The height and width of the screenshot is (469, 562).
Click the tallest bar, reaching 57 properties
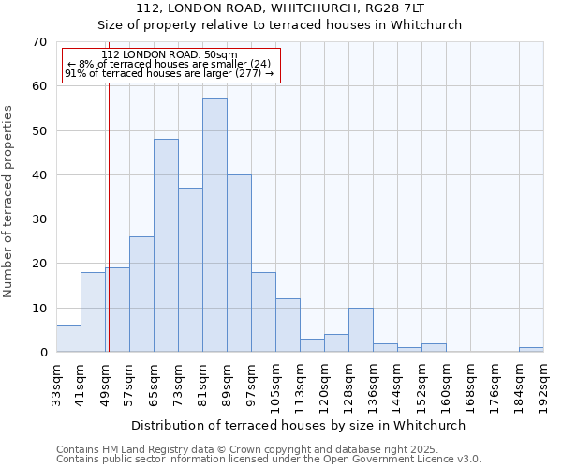[214, 225]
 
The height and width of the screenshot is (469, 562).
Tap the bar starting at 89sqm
[239, 264]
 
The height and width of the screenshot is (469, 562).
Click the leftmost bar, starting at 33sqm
[68, 339]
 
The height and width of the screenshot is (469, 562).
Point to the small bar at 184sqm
[531, 350]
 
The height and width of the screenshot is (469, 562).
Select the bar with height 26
[141, 295]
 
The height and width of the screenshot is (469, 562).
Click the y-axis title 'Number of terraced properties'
[9, 202]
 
